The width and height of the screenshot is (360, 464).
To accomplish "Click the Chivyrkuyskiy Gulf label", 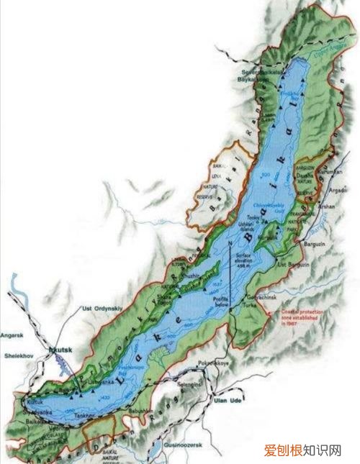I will point(251,206).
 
